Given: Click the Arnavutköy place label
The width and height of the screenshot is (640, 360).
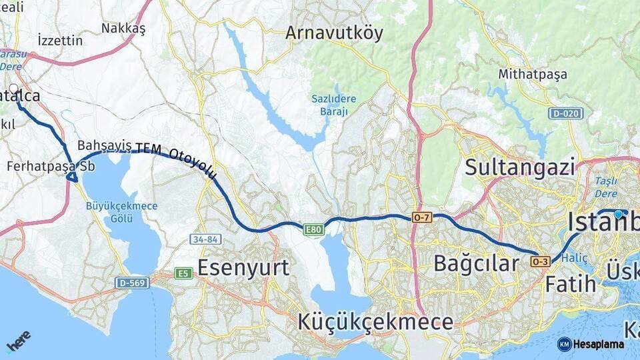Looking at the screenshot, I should (334, 33).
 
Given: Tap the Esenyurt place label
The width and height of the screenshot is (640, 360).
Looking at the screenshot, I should (243, 267).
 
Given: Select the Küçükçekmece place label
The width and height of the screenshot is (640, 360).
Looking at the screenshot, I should (375, 322).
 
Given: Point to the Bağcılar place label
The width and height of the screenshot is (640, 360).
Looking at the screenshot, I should (476, 263).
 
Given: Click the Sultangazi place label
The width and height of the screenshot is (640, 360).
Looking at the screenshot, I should (519, 166).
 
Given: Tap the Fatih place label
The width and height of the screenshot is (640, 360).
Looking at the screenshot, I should (571, 284).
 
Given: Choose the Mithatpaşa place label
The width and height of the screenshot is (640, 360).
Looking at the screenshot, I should (533, 73).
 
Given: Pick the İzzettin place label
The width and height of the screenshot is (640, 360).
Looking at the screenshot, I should (60, 40).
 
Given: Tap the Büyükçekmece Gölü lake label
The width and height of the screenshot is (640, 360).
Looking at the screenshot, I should (122, 212).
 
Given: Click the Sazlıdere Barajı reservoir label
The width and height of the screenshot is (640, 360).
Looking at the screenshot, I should (333, 105).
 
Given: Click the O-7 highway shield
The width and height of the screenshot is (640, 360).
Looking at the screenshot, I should (422, 217).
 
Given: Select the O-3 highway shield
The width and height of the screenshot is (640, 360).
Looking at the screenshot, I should (540, 262).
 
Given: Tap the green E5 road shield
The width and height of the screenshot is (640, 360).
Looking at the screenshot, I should (183, 273).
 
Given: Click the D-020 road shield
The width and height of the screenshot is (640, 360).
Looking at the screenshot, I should (566, 113).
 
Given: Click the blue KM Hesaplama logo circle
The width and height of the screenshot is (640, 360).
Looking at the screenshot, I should (565, 344).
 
